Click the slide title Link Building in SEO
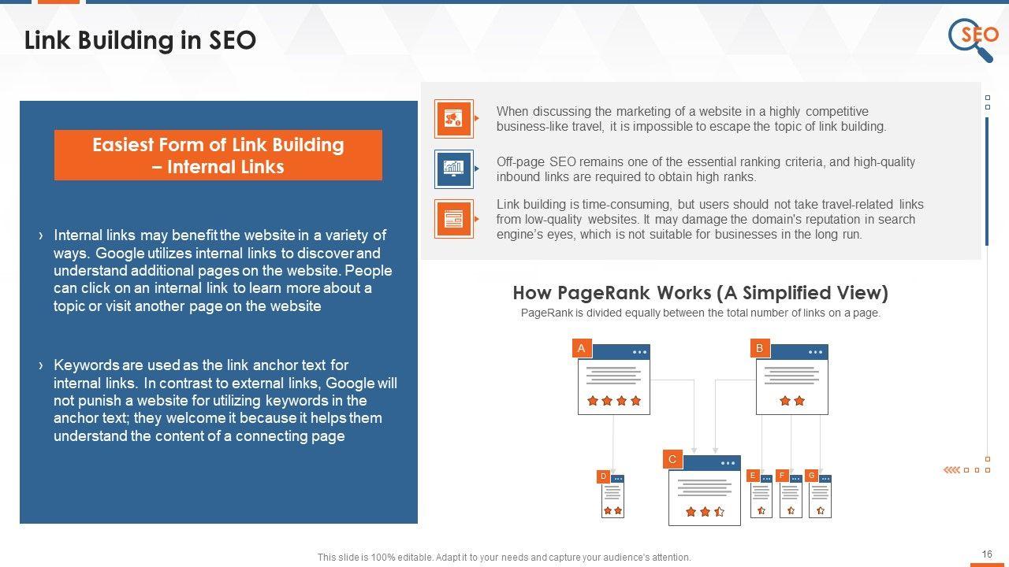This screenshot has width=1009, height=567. [x=140, y=40]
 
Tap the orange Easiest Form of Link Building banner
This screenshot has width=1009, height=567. [x=218, y=155]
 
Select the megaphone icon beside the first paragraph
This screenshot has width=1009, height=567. [x=453, y=119]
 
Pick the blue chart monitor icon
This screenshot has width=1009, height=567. [x=453, y=169]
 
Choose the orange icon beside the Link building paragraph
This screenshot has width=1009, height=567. [x=453, y=219]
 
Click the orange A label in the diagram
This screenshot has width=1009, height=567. [x=582, y=348]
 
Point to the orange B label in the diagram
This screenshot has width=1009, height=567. [x=760, y=348]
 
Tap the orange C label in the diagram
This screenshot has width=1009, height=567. [x=672, y=459]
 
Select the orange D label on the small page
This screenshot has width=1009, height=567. [x=604, y=476]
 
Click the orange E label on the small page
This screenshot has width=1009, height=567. [x=753, y=475]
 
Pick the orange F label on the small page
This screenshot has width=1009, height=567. [x=782, y=475]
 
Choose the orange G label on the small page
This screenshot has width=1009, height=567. [x=812, y=475]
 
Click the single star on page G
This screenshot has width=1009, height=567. [x=821, y=510]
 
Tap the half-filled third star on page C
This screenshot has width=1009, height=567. [x=720, y=512]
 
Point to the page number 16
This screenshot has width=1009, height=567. [x=987, y=554]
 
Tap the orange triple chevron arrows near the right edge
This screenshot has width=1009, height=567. [x=951, y=470]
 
